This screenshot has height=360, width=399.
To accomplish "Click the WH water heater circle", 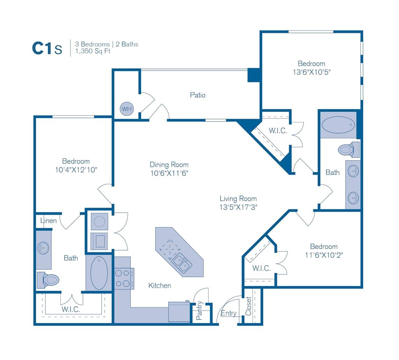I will [x=127, y=109].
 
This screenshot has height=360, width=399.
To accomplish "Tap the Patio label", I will [x=198, y=95].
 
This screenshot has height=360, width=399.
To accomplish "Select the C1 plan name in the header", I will [x=42, y=49].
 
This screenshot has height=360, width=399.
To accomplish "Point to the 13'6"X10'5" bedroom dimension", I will [x=311, y=72].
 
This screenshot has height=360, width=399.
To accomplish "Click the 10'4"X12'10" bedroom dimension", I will [x=76, y=170].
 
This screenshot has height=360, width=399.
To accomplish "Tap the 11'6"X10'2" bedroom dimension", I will [x=324, y=255].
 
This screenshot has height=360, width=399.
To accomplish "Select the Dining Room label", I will [x=169, y=165].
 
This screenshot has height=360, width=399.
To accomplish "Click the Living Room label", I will [x=238, y=199].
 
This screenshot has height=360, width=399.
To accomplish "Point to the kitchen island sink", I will [x=182, y=263].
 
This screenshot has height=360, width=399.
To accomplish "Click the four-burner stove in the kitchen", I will [x=124, y=278].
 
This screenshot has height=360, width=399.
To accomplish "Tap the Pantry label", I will [x=199, y=311].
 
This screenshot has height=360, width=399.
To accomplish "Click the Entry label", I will [x=229, y=313].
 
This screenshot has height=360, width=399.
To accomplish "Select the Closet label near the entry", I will [x=249, y=306].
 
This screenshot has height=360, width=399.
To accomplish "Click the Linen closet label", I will [x=48, y=221].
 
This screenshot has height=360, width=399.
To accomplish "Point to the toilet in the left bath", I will [x=49, y=280].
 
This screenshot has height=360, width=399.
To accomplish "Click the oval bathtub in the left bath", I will [x=99, y=273].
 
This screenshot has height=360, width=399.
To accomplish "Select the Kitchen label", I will [x=160, y=286].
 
